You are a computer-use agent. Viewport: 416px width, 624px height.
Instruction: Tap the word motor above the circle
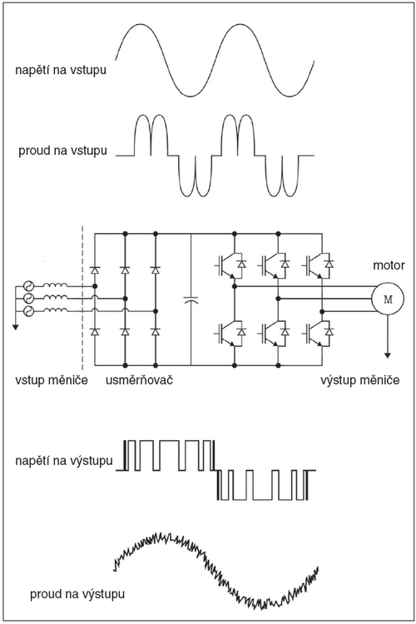pyautogui.click(x=389, y=265)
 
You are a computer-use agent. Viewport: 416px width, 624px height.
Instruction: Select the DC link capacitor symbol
pyautogui.click(x=191, y=300)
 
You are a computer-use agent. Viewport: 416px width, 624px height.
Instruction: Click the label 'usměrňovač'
pyautogui.click(x=139, y=380)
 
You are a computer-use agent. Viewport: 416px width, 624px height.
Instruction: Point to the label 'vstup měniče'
pyautogui.click(x=52, y=380)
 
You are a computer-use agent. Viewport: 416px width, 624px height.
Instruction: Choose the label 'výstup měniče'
pyautogui.click(x=360, y=380)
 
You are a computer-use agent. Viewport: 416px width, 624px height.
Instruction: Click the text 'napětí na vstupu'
pyautogui.click(x=61, y=70)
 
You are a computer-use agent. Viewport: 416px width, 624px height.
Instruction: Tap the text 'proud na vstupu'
pyautogui.click(x=62, y=151)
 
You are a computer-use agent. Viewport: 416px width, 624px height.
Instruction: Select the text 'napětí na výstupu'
pyautogui.click(x=64, y=461)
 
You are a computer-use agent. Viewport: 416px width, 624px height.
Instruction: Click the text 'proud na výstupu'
pyautogui.click(x=77, y=594)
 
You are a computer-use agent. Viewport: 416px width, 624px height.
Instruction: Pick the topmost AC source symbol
pyautogui.click(x=28, y=285)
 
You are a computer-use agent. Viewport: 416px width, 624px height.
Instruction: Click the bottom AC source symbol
pyautogui.click(x=28, y=311)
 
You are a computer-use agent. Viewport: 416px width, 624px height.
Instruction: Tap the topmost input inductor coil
pyautogui.click(x=55, y=285)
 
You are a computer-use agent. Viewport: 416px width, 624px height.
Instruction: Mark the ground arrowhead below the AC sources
pyautogui.click(x=15, y=327)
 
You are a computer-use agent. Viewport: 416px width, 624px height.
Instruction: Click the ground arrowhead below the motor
pyautogui.click(x=388, y=354)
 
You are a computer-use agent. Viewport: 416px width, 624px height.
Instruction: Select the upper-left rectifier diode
pyautogui.click(x=95, y=270)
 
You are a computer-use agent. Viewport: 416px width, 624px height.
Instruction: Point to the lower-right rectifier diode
pyautogui.click(x=156, y=331)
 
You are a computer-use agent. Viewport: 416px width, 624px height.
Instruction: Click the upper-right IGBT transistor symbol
pyautogui.click(x=319, y=264)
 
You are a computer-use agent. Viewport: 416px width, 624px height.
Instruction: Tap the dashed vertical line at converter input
pyautogui.click(x=83, y=299)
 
